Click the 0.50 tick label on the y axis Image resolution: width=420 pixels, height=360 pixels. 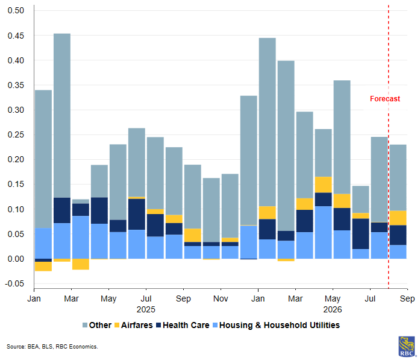pos(16,10)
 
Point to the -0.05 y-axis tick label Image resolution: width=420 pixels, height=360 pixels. pos(14,283)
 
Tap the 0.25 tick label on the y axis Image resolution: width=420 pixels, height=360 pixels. pos(16,134)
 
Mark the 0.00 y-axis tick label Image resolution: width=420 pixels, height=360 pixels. pos(16,259)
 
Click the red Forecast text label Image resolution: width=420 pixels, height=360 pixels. pos(385,99)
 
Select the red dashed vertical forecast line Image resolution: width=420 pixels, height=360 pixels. pos(389,147)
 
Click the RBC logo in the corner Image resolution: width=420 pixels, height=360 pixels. pos(407,347)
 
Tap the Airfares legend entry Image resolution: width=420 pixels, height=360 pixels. pos(133,325)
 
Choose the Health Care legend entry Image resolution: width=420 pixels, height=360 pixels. pos(183,325)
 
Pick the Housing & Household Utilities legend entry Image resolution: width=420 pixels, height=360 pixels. pos(276,325)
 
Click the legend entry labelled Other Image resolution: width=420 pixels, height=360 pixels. pos(97,325)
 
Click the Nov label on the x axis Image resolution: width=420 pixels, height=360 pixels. pos(221,298)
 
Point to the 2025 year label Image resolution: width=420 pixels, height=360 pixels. pos(146,309)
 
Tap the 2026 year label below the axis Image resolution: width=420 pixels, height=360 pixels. pos(333,309)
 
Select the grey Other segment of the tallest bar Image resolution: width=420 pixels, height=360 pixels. pos(62,116)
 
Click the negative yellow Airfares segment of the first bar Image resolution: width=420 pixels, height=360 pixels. pos(43,267)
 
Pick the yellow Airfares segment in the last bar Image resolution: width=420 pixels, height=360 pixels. pos(398,218)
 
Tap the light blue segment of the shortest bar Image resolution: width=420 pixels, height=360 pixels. pos(81,237)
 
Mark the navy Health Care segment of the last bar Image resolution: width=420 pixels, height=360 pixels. pos(398,235)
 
